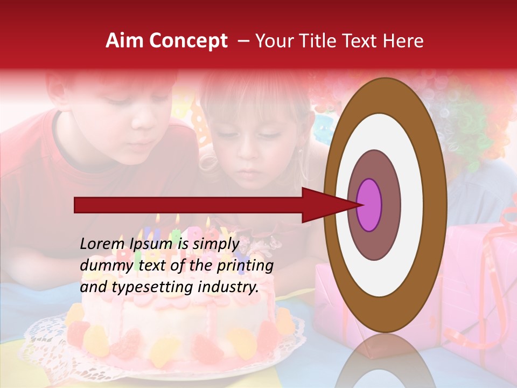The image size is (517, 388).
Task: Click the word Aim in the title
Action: (125, 41)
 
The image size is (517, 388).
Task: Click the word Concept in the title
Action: (189, 41)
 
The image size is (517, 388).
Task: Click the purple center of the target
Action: (369, 205)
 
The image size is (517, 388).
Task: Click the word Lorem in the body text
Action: (97, 244)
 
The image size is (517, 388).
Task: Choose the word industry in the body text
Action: (228, 288)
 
